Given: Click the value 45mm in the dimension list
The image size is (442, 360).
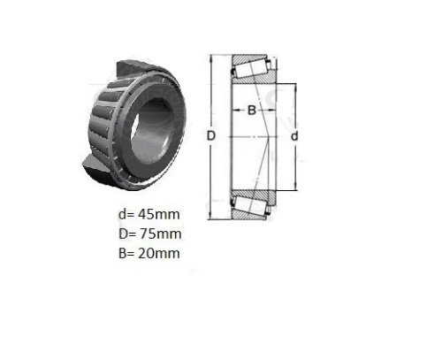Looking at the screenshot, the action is click(x=159, y=214).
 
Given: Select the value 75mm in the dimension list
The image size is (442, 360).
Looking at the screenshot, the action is click(x=160, y=234).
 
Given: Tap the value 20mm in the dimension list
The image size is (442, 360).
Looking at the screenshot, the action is click(x=159, y=253).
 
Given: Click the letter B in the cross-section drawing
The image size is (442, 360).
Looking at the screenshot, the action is click(x=251, y=111).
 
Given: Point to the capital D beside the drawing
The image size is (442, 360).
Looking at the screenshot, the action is click(x=211, y=136).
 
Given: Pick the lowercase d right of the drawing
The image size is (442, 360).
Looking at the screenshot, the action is click(x=294, y=136).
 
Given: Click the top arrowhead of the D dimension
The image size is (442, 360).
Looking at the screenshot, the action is click(x=210, y=58).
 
